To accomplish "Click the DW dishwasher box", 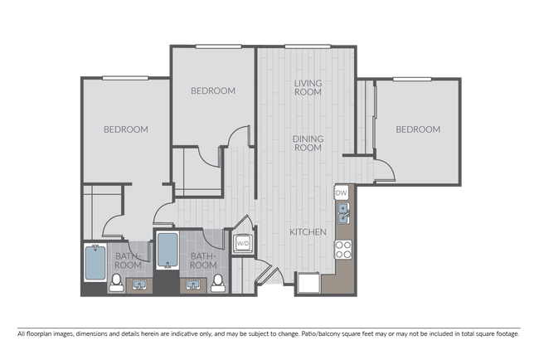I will click(341, 192).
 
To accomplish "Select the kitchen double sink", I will click(342, 214).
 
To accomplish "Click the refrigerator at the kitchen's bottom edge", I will click(308, 284).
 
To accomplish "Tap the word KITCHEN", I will click(307, 232).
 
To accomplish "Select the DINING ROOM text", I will click(308, 143).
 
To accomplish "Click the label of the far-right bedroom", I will click(417, 129).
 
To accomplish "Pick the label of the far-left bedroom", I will click(126, 129).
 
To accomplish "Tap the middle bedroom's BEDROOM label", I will click(213, 91).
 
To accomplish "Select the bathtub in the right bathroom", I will click(168, 251).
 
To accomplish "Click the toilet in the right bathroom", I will click(218, 282).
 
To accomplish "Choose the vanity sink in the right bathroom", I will click(194, 285).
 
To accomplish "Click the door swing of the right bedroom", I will click(383, 171).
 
